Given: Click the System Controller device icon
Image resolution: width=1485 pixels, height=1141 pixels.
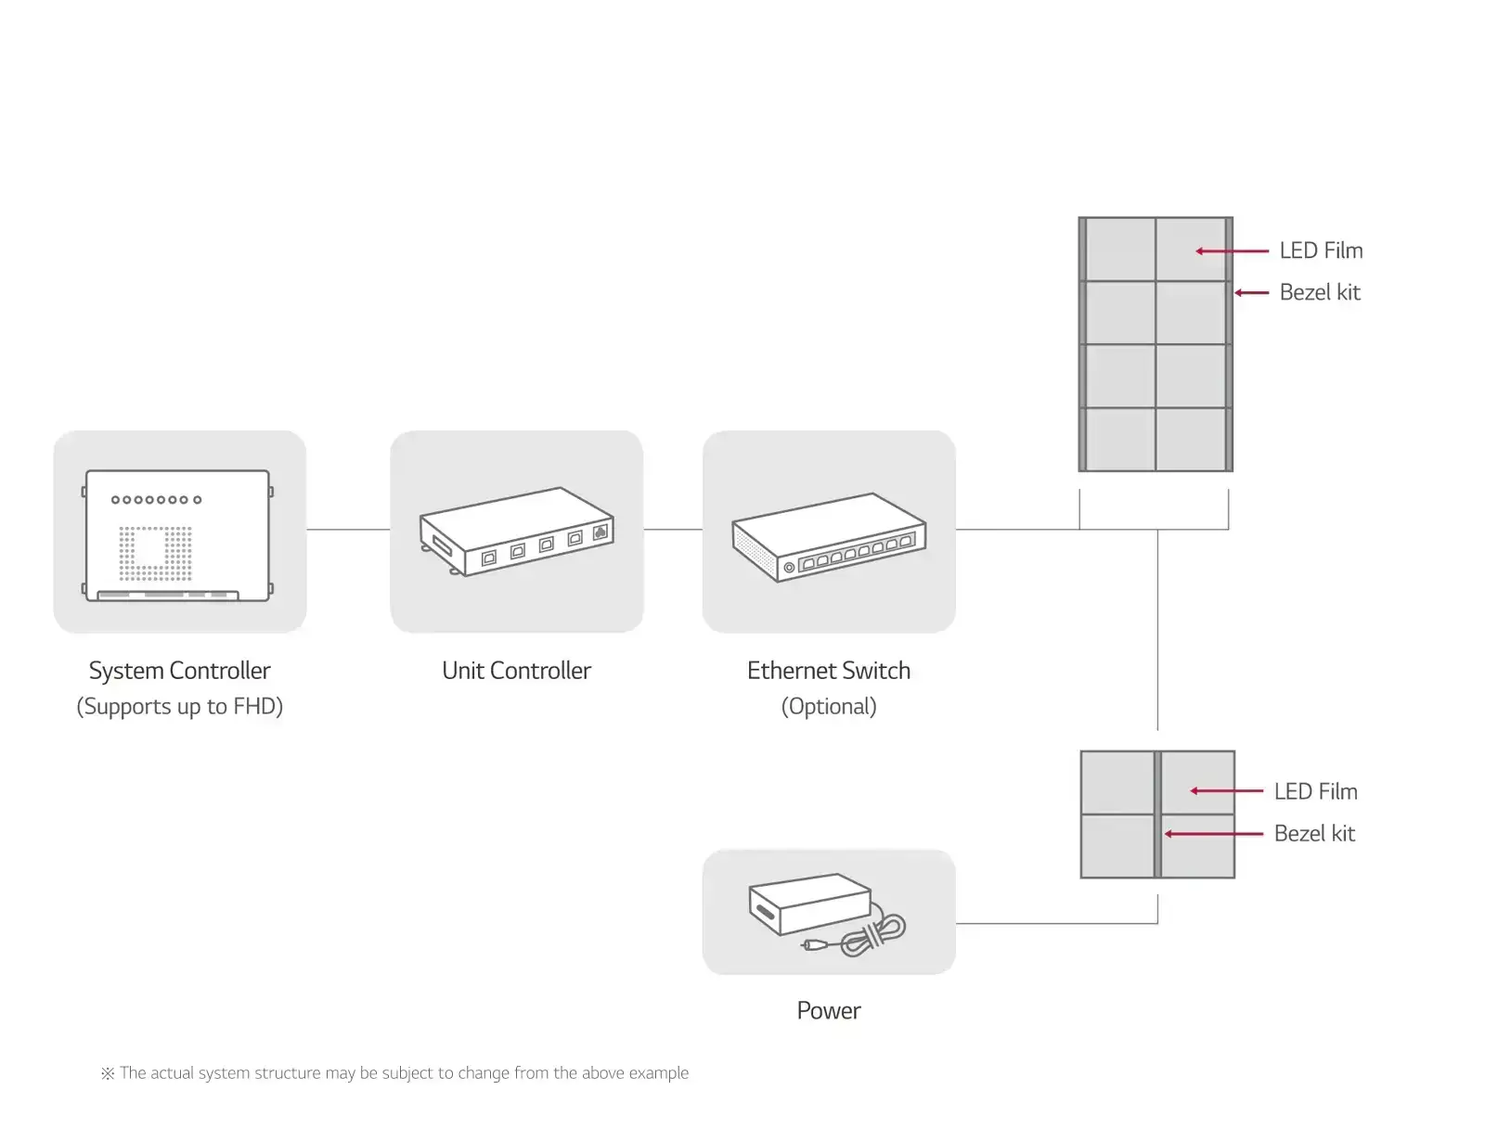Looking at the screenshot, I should [x=178, y=535].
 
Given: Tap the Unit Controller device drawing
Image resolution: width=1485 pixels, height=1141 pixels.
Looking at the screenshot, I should [x=516, y=532].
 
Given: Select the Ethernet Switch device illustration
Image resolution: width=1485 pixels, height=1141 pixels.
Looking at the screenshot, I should [x=828, y=537].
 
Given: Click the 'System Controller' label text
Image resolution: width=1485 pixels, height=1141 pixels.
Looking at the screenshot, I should [x=179, y=671].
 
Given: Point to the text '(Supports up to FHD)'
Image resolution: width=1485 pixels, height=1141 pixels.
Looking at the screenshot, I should [x=179, y=707].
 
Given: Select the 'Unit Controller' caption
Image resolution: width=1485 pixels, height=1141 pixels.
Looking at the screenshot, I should [x=516, y=671].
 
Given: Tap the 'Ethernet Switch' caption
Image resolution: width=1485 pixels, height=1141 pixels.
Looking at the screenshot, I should [x=828, y=671].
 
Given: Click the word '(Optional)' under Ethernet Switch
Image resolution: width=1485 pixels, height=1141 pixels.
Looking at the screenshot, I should [x=828, y=707].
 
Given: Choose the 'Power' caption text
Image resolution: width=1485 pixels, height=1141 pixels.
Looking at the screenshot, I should [x=828, y=1010].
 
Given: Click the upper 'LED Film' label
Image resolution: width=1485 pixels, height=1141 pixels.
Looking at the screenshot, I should [x=1320, y=250].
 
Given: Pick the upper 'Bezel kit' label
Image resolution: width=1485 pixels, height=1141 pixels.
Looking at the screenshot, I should [x=1319, y=292].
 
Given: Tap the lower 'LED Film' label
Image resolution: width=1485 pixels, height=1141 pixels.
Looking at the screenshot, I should [x=1314, y=791].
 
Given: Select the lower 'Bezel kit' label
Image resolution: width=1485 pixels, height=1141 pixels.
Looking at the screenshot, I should [x=1313, y=833].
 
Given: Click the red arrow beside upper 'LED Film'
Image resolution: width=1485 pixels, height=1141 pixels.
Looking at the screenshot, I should [x=1232, y=250].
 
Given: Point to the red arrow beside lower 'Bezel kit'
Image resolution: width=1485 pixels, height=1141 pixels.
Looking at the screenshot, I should [x=1213, y=834].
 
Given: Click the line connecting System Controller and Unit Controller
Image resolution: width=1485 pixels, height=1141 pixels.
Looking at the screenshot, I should [x=348, y=530].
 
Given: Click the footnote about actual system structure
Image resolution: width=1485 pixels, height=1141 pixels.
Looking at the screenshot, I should [x=395, y=1073].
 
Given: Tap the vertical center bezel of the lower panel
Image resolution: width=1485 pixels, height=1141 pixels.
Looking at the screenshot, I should [x=1157, y=814].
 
